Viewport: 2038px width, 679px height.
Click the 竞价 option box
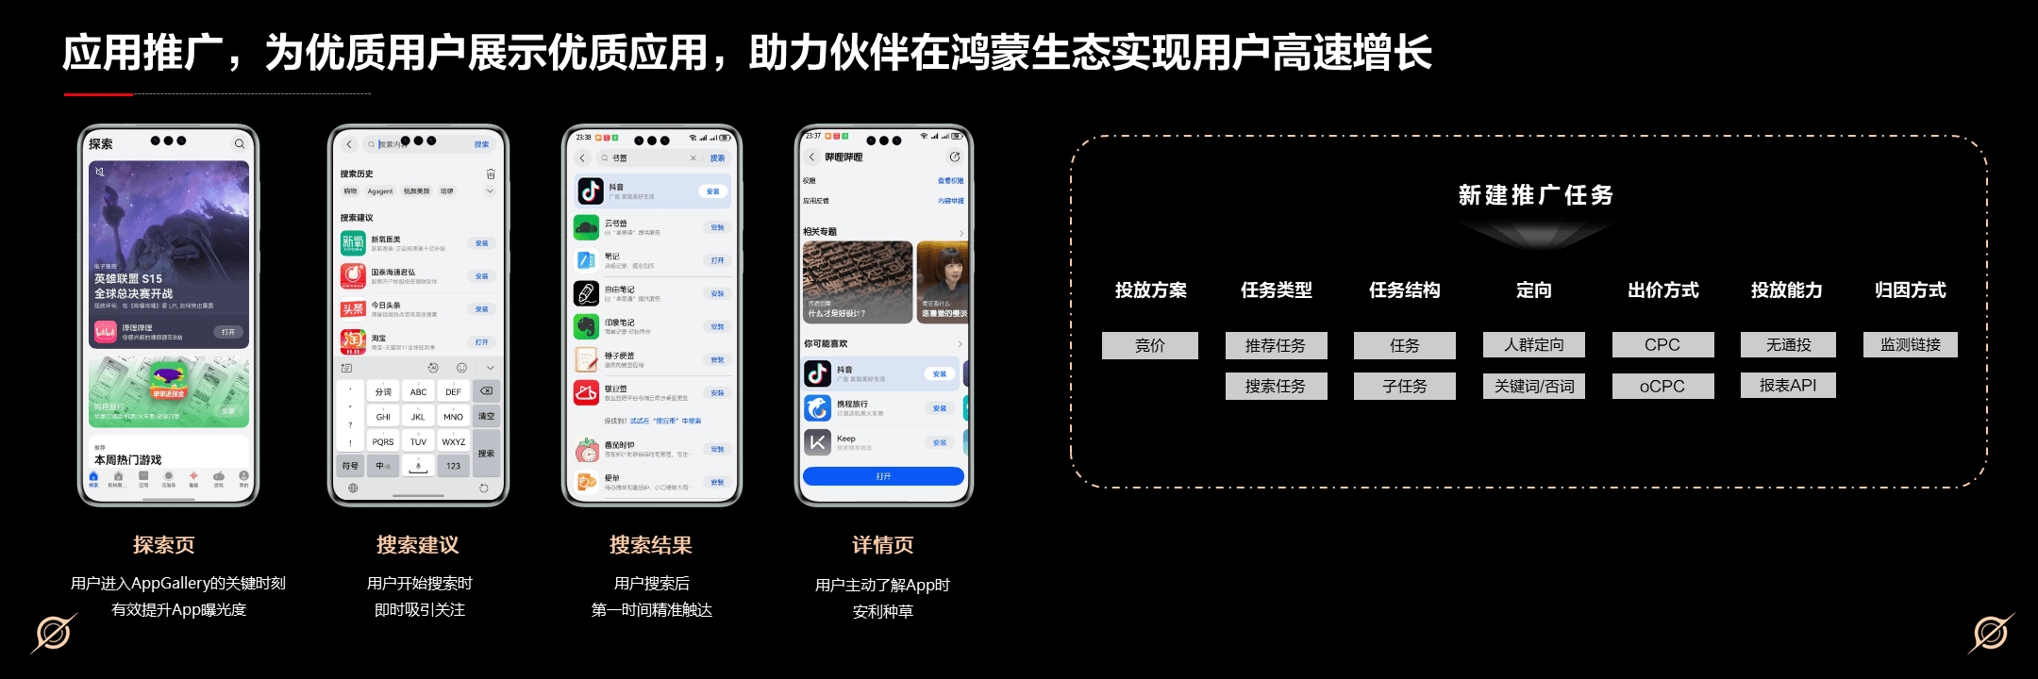1149,345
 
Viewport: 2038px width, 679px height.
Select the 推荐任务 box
1276,345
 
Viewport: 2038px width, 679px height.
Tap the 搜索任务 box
1276,386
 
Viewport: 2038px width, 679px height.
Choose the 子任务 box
1404,386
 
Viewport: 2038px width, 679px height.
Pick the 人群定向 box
1533,345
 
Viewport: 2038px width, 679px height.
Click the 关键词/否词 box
1533,386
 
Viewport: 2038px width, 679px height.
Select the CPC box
1662,345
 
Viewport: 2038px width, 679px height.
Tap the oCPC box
1662,386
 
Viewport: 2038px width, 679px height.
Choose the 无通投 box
1788,345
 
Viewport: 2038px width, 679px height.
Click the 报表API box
1788,385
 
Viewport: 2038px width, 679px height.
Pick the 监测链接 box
1911,345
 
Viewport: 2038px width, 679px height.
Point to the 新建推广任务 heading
1535,195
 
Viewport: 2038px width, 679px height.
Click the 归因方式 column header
1911,290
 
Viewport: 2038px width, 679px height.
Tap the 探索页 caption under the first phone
164,545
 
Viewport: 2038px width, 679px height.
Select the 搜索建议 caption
418,545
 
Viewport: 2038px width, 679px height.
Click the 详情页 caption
883,545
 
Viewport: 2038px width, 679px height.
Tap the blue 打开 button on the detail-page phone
883,476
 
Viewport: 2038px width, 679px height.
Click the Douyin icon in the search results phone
591,190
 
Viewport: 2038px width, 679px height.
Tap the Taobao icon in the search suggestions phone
353,340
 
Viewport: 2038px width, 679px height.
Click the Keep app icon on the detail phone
817,441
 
